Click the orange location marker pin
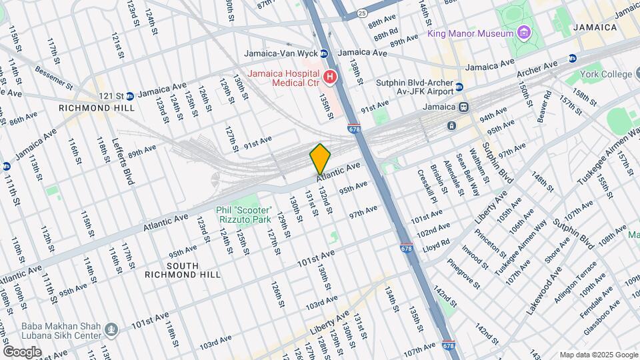[x=321, y=159]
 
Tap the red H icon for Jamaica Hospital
[x=329, y=78]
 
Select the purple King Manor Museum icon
[x=525, y=33]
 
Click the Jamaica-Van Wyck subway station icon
[x=325, y=53]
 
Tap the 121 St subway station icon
[x=130, y=95]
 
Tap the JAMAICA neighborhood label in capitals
[x=597, y=27]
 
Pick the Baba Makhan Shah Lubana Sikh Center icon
[x=112, y=327]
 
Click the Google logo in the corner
[x=22, y=351]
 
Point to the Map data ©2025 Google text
[x=598, y=355]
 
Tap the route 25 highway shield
[x=362, y=13]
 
